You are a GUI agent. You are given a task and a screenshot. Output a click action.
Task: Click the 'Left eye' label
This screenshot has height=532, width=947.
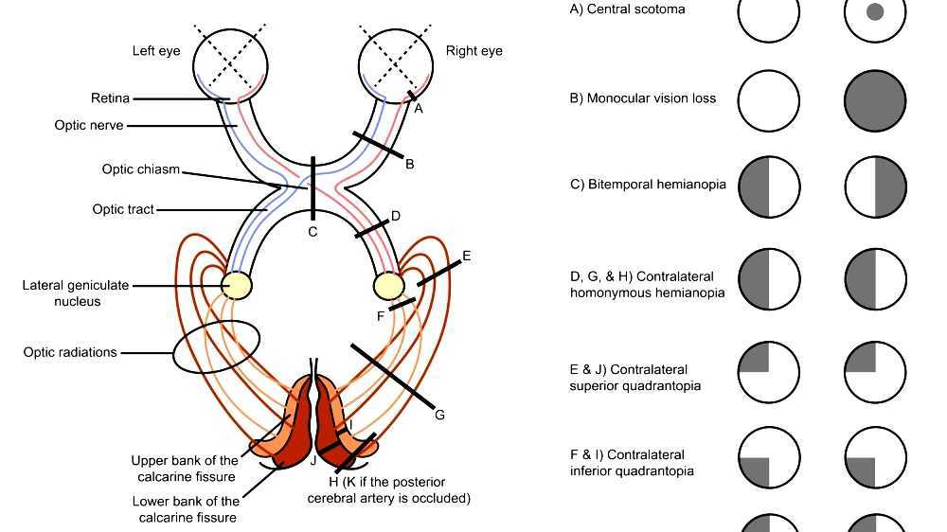[x=156, y=51]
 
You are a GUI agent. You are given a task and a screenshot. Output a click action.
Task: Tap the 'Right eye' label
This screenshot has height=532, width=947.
[x=473, y=51]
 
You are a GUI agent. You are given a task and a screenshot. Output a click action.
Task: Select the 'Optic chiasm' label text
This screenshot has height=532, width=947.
[x=140, y=169]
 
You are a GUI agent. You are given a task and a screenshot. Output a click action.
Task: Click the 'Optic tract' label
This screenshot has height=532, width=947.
[x=122, y=209]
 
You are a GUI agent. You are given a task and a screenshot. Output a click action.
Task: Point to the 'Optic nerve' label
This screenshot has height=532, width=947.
[x=88, y=125]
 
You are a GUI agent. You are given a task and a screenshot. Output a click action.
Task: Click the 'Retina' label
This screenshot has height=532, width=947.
[x=110, y=98]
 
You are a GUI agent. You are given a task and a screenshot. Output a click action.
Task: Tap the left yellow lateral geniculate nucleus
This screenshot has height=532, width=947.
[x=236, y=285]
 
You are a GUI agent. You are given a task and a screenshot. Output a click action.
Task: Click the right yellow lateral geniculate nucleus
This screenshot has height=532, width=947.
[x=388, y=285]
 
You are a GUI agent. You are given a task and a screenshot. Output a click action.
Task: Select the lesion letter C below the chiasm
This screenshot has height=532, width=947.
[x=313, y=232]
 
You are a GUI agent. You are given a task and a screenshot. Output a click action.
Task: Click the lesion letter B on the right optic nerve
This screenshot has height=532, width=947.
[x=409, y=164]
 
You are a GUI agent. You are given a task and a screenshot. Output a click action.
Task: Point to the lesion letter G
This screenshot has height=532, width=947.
[x=438, y=415]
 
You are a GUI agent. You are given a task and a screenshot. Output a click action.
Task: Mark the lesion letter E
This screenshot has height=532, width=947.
[x=466, y=256]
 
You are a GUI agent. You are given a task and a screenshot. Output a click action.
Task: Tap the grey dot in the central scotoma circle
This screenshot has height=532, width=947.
[x=875, y=12]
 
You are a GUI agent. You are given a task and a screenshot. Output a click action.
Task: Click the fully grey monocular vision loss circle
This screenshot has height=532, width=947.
[x=875, y=99]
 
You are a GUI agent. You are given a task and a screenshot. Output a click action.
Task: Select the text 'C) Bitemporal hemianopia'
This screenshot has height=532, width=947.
[x=648, y=185]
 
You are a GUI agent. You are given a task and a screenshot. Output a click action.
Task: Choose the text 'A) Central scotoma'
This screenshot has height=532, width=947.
[x=627, y=9]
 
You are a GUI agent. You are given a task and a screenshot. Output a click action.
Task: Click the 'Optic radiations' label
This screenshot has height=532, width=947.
[x=70, y=352]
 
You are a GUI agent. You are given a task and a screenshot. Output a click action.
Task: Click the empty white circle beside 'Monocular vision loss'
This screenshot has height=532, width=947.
[x=769, y=99]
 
